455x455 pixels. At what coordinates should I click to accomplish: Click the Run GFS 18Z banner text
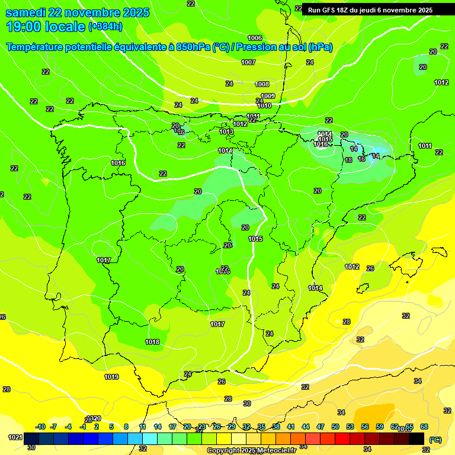pyautogui.click(x=370, y=10)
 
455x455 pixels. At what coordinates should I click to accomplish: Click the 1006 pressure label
pyautogui.click(x=255, y=39)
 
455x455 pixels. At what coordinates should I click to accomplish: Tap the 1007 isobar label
pyautogui.click(x=248, y=62)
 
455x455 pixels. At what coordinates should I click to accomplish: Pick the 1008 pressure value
pyautogui.click(x=262, y=85)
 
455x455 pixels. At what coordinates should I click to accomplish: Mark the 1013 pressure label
pyautogui.click(x=226, y=132)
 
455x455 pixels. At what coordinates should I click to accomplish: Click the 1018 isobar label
pyautogui.click(x=152, y=342)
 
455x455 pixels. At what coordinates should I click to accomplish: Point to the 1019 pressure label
pyautogui.click(x=111, y=377)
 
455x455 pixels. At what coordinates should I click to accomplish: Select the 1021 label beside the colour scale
pyautogui.click(x=15, y=438)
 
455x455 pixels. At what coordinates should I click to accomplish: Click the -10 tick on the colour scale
pyautogui.click(x=40, y=427)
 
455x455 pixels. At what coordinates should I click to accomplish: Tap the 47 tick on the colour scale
pyautogui.click(x=321, y=427)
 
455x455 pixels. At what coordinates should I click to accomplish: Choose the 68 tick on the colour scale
pyautogui.click(x=424, y=427)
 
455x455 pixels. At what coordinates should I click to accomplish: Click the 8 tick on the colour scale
pyautogui.click(x=126, y=427)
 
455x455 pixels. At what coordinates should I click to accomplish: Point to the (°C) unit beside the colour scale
pyautogui.click(x=435, y=440)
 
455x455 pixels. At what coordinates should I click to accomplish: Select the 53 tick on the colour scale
pyautogui.click(x=350, y=427)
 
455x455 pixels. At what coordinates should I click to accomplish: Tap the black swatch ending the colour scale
pyautogui.click(x=416, y=438)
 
